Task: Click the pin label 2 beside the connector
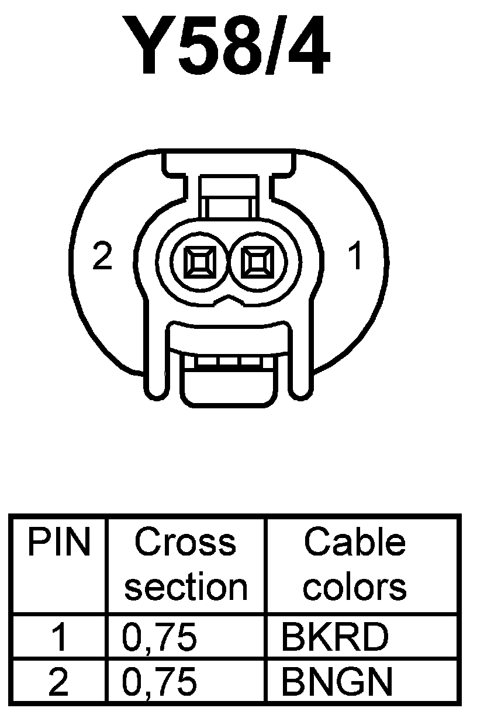pos(102,257)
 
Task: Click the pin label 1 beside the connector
pos(354,257)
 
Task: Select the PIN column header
pos(59,544)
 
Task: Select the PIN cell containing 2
pos(58,681)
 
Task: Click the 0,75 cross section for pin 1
pos(159,638)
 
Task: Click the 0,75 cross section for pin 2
pos(159,681)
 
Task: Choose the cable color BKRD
pos(334,638)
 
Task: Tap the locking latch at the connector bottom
pos(227,380)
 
